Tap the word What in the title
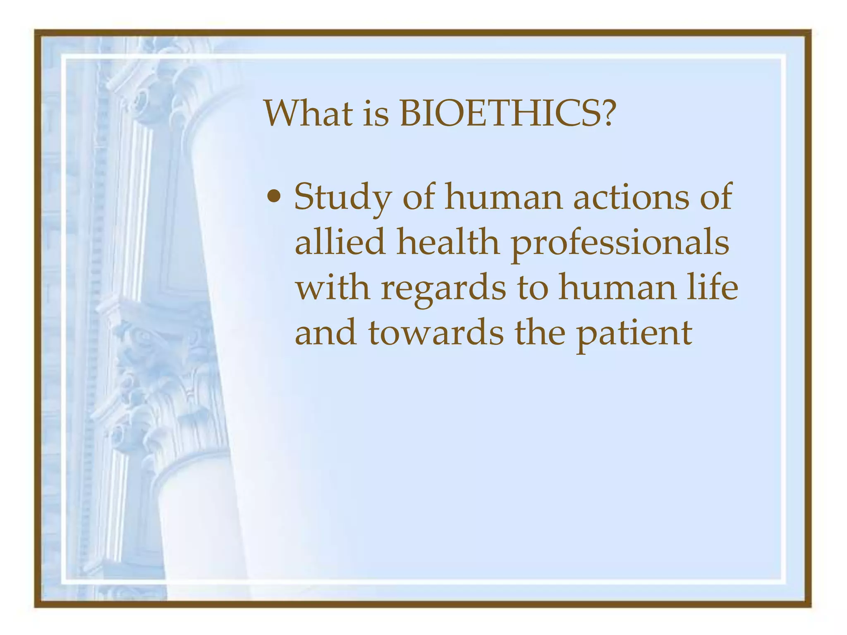pyautogui.click(x=309, y=114)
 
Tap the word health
pyautogui.click(x=448, y=242)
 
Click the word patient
pyautogui.click(x=634, y=333)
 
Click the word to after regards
pyautogui.click(x=532, y=289)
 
